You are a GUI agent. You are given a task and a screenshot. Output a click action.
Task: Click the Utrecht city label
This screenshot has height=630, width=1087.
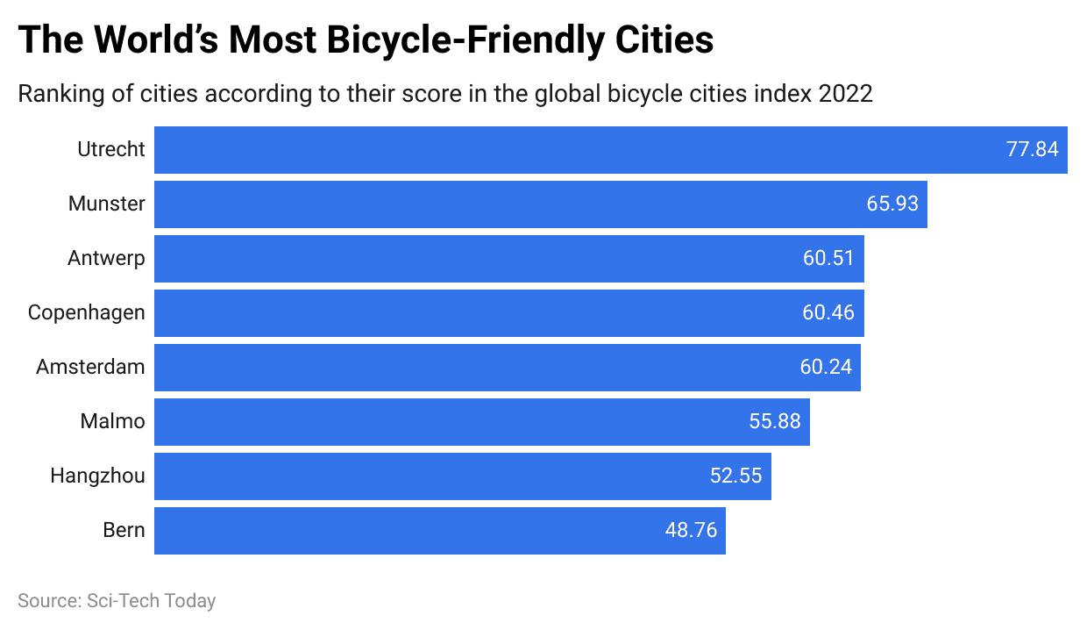pyautogui.click(x=110, y=149)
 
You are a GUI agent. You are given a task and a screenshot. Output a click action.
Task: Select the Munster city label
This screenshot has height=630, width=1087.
pyautogui.click(x=107, y=204)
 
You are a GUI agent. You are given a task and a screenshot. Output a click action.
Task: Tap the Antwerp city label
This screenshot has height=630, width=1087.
pyautogui.click(x=106, y=258)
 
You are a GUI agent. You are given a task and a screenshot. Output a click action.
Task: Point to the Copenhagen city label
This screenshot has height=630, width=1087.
pyautogui.click(x=86, y=312)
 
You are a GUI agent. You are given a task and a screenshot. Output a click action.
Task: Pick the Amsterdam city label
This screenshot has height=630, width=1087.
pyautogui.click(x=90, y=367)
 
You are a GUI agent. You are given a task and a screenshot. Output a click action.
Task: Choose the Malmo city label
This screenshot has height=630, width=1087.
pyautogui.click(x=112, y=421)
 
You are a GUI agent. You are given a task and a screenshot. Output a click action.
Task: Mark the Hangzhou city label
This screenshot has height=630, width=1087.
pyautogui.click(x=97, y=476)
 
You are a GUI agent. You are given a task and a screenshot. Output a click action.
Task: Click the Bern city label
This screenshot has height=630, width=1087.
pyautogui.click(x=124, y=530)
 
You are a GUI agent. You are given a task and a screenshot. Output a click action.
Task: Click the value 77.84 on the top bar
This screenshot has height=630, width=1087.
pyautogui.click(x=1032, y=149)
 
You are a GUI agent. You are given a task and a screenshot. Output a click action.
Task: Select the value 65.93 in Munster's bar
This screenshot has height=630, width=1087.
pyautogui.click(x=892, y=204)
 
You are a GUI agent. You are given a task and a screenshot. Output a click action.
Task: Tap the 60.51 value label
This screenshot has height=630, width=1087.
pyautogui.click(x=828, y=258)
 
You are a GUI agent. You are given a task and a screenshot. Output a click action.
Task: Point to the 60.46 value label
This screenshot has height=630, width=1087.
pyautogui.click(x=828, y=312)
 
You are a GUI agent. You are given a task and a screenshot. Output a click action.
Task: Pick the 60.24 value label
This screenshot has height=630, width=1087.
pyautogui.click(x=826, y=367)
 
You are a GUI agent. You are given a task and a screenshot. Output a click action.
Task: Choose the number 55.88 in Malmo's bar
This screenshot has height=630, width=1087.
pyautogui.click(x=775, y=421)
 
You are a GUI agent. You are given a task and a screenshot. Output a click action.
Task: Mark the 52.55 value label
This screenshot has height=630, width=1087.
pyautogui.click(x=735, y=476)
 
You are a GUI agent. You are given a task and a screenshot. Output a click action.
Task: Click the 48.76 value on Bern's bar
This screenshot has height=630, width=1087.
pyautogui.click(x=691, y=530)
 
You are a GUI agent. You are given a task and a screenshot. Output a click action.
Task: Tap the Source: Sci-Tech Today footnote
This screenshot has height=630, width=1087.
pyautogui.click(x=117, y=601)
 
